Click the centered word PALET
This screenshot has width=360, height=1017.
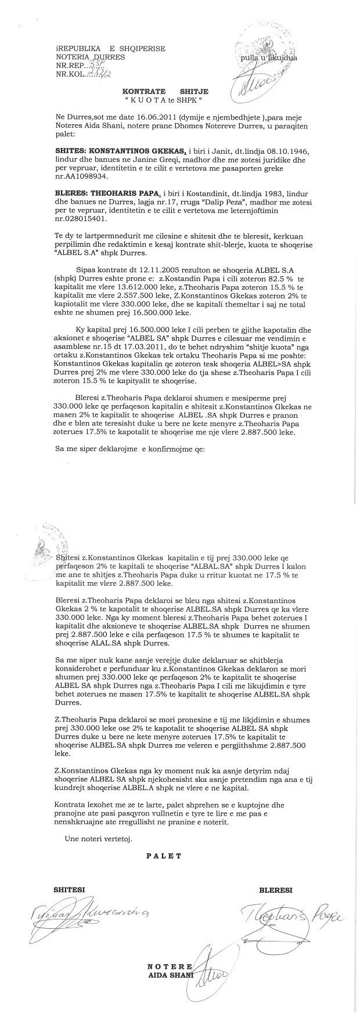coord(164,856)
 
